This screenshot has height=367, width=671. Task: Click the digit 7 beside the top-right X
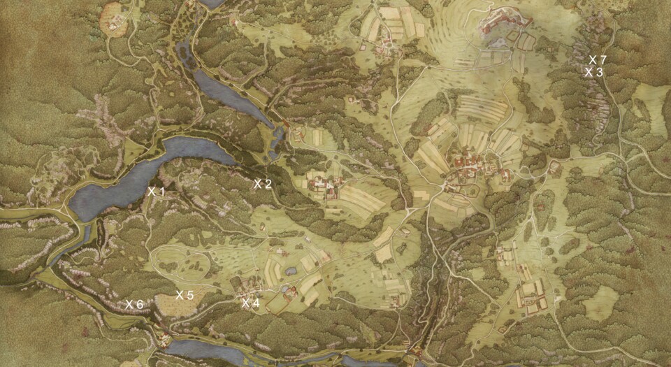(x=602, y=59)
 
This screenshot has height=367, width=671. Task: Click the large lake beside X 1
(x=140, y=178)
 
